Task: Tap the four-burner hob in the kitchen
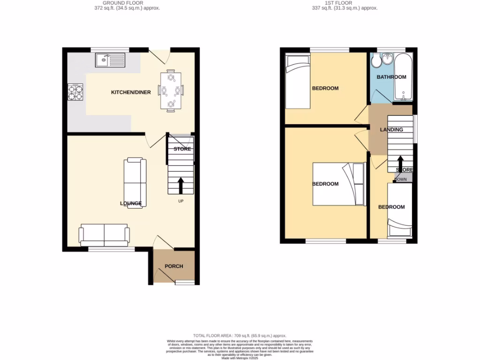(76, 92)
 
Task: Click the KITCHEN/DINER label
(131, 92)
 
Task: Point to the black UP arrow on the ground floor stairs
(180, 185)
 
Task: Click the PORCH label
(174, 266)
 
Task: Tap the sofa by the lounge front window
(104, 234)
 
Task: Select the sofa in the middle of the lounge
(135, 183)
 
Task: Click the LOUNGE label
(131, 203)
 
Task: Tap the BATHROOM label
(392, 77)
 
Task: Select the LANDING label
(391, 130)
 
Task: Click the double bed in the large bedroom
(338, 184)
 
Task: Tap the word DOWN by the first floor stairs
(401, 180)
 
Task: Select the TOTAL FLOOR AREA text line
(240, 336)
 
